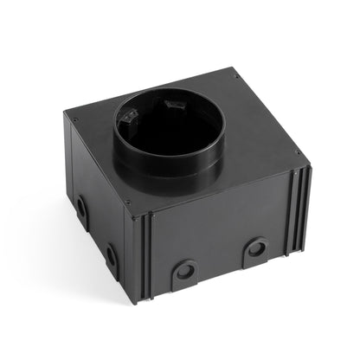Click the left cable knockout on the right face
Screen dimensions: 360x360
point(183,271)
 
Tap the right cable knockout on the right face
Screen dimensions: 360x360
point(255,249)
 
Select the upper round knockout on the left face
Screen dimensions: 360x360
point(80,208)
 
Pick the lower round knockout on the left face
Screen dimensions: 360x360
point(111,256)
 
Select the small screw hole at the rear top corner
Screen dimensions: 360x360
point(235,77)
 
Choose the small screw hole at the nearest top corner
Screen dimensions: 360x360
point(128,204)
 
